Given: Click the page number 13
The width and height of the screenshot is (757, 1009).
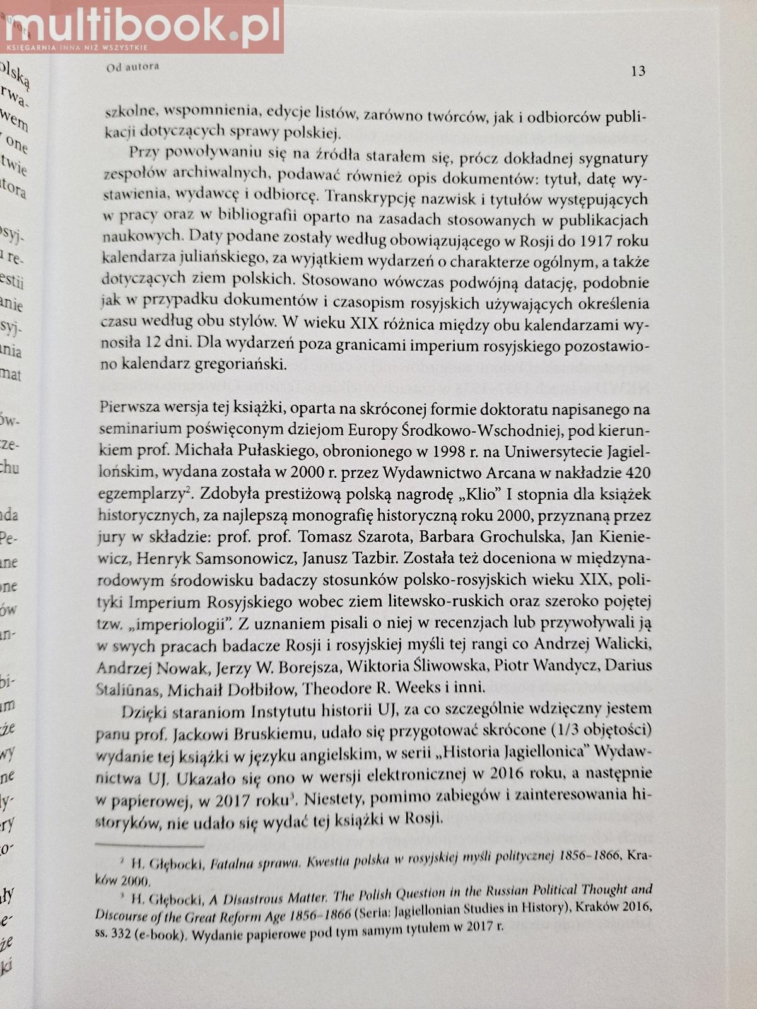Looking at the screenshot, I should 638,71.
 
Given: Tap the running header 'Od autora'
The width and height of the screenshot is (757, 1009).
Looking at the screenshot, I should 132,66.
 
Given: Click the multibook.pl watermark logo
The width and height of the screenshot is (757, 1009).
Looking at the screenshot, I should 141,25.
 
